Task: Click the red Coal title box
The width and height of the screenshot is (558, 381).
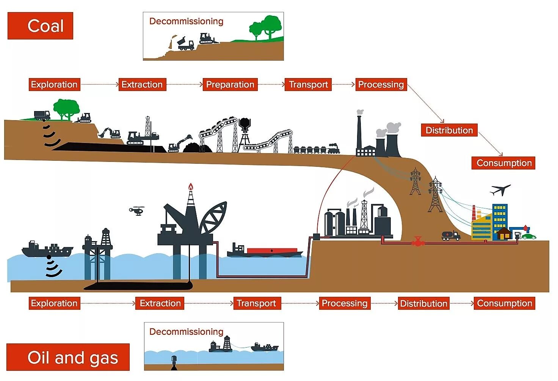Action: [x=40, y=26]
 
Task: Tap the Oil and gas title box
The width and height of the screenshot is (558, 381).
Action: [x=68, y=357]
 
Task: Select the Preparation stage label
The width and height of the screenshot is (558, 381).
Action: [x=230, y=85]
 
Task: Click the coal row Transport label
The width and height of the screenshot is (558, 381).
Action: [x=308, y=85]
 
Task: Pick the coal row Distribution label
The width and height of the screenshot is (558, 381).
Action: [x=449, y=130]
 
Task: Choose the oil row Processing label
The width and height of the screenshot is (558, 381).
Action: [x=344, y=303]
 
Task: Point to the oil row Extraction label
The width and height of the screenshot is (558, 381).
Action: [x=160, y=303]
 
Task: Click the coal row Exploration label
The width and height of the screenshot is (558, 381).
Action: [x=54, y=85]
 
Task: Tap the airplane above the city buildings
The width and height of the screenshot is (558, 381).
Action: [x=500, y=190]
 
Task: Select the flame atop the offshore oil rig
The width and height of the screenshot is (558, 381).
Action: [x=191, y=187]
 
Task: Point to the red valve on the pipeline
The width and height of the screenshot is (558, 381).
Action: [x=418, y=241]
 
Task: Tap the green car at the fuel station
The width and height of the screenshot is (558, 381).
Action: [x=529, y=236]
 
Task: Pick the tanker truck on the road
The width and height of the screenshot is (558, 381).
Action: [x=451, y=235]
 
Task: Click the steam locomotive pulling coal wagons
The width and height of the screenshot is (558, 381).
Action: [x=334, y=149]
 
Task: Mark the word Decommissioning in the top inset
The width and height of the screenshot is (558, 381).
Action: [x=186, y=21]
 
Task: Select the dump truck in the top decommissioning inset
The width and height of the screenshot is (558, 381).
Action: [x=186, y=44]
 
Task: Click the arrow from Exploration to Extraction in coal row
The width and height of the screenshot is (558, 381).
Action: [x=99, y=85]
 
